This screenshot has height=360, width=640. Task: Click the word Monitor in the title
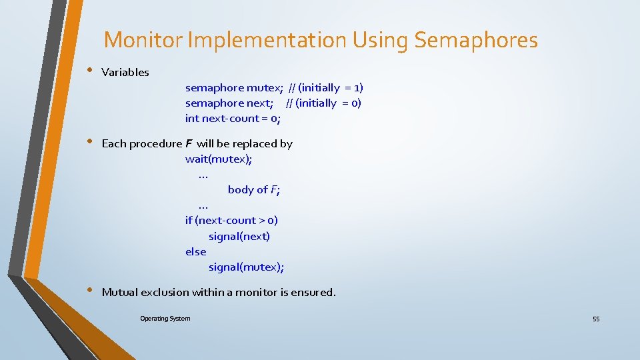143,41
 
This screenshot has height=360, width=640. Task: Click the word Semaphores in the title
475,41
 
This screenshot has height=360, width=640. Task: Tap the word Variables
125,72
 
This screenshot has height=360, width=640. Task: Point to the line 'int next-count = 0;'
233,119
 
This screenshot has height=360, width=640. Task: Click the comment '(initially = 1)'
331,88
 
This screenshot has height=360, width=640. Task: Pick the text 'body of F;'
253,190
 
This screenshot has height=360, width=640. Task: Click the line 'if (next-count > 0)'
231,221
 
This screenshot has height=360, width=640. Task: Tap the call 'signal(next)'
239,236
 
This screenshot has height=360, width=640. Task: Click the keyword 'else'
196,252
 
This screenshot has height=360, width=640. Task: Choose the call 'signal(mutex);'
246,267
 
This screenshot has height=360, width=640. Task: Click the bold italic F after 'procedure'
189,144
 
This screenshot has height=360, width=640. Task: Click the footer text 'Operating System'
165,319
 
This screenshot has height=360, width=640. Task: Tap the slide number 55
596,319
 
